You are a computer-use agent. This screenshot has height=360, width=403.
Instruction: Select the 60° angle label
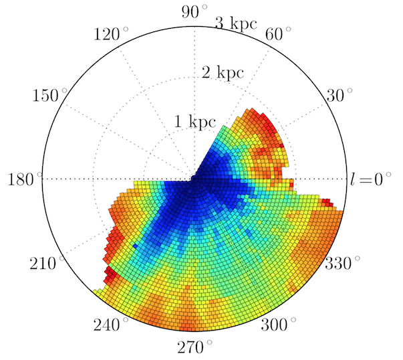point(279,33)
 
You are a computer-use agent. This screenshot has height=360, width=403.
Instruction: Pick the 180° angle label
point(25,179)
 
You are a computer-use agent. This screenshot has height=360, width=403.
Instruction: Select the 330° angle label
point(343,262)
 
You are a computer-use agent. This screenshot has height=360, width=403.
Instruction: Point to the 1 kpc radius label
point(196,122)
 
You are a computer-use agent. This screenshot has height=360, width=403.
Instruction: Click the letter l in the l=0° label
point(353,179)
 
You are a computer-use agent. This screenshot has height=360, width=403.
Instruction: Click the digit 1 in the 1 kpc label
point(178,122)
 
